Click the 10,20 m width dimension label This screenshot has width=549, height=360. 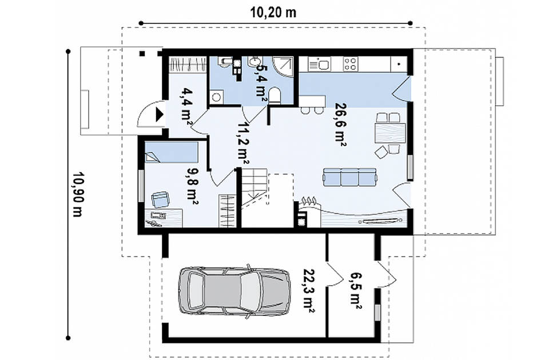(273, 13)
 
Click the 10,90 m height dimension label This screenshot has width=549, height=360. (77, 194)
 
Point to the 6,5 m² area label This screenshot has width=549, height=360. (355, 291)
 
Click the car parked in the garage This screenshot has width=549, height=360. (234, 291)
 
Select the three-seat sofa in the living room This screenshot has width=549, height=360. (350, 177)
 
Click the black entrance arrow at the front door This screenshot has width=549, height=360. (160, 114)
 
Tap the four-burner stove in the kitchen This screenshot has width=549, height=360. (350, 64)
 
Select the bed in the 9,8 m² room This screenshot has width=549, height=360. (171, 152)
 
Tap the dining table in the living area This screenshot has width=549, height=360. (390, 133)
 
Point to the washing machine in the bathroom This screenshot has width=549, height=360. (217, 97)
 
